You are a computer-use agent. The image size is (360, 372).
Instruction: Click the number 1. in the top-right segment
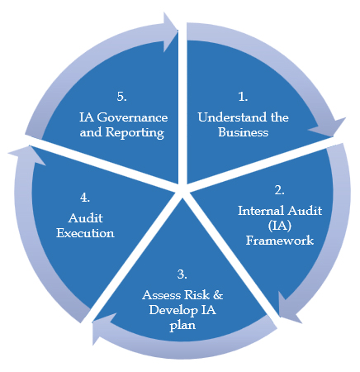(243, 97)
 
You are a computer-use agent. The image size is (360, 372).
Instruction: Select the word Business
(244, 132)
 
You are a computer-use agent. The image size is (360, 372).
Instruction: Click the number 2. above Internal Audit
(279, 190)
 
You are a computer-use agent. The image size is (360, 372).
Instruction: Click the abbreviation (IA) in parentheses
(280, 226)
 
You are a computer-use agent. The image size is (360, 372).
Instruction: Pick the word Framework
(280, 241)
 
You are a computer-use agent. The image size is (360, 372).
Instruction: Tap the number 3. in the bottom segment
(182, 274)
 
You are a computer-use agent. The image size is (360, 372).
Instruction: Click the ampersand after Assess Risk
(218, 295)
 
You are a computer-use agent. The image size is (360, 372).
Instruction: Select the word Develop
(173, 310)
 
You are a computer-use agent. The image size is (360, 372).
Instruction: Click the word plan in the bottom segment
(182, 326)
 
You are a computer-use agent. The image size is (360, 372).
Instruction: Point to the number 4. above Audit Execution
(85, 198)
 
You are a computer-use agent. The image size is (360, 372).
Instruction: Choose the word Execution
(85, 233)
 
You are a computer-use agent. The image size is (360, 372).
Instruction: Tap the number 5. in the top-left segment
(121, 97)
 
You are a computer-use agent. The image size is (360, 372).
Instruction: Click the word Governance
(132, 117)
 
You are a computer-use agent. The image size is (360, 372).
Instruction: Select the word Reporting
(135, 132)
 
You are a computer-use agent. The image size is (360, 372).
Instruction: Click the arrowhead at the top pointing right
(170, 32)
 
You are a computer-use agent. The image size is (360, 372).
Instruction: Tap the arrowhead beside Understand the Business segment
(328, 128)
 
